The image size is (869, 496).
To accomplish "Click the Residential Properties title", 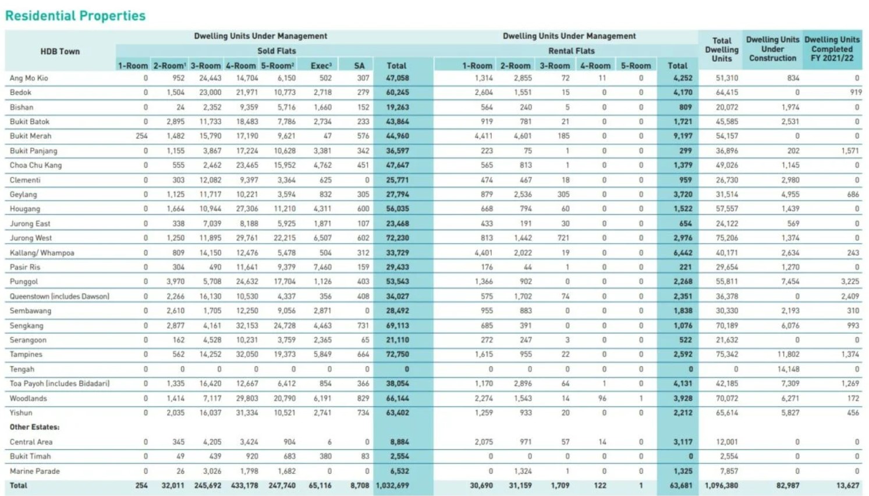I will click(76, 16).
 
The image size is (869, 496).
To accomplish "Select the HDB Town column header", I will click(60, 51).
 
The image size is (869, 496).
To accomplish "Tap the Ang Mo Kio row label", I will click(29, 78).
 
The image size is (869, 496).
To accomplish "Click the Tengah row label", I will click(22, 369).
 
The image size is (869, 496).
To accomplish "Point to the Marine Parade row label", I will click(34, 471).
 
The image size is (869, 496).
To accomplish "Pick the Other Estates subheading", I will click(34, 427).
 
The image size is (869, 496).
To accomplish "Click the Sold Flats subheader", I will click(276, 51).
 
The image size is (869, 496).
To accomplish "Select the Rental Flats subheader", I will click(571, 51).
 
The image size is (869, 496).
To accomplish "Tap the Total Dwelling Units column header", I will click(722, 49).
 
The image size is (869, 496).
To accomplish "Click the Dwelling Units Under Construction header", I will click(773, 49).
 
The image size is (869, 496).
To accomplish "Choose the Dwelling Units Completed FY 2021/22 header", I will click(832, 49).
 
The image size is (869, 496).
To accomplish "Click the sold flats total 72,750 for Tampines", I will click(398, 354).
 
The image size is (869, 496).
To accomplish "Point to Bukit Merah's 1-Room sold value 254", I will click(141, 136).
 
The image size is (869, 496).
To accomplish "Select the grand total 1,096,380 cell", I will click(721, 486).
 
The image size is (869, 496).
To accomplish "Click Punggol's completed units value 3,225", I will click(850, 281).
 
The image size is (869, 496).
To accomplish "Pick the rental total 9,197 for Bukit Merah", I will click(683, 136).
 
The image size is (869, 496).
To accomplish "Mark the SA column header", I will click(359, 66).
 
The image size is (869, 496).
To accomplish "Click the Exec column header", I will click(321, 66).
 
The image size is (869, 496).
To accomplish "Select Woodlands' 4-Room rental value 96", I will click(602, 398).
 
